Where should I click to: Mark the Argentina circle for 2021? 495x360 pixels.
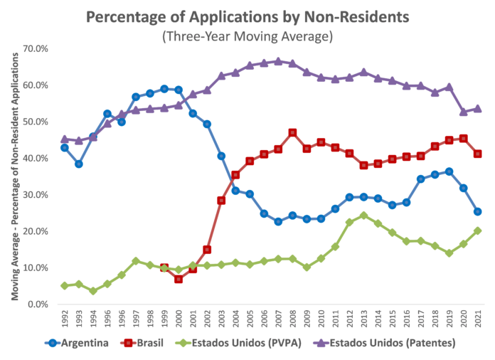click(478, 211)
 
